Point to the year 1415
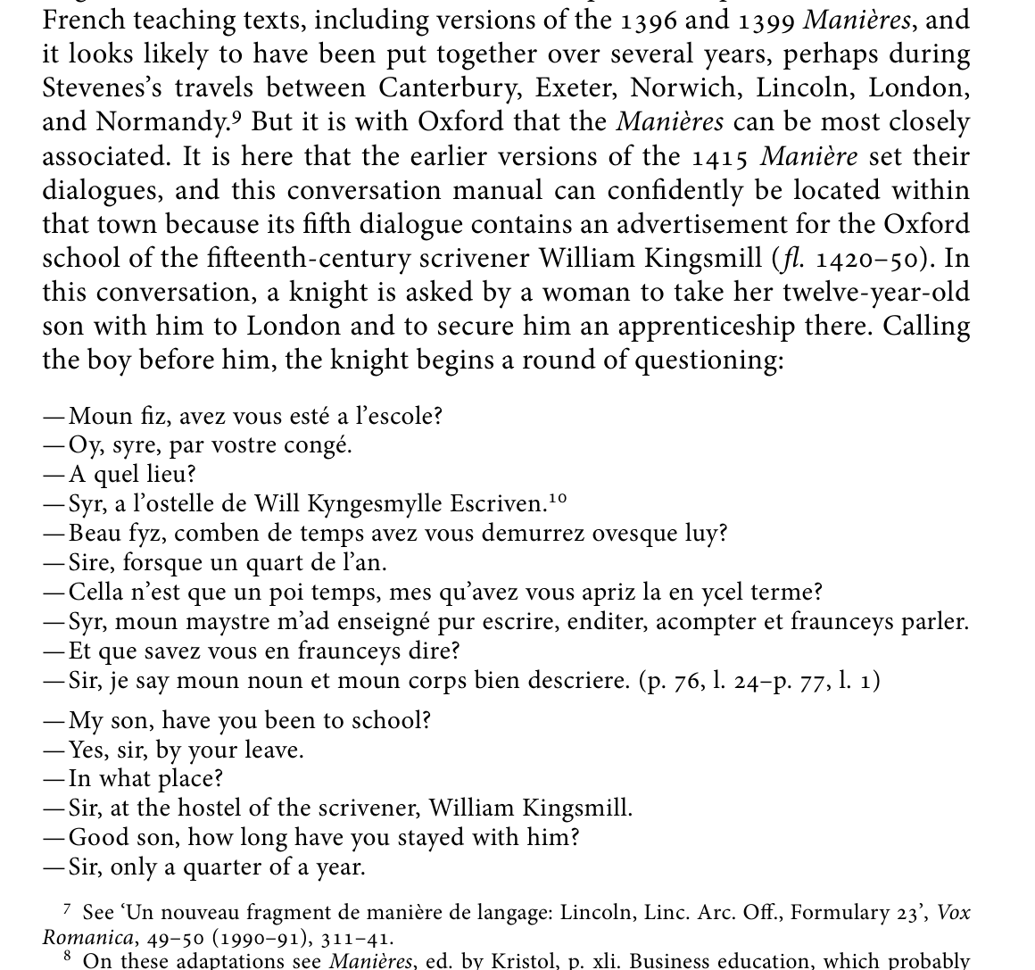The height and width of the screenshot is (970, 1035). [x=720, y=157]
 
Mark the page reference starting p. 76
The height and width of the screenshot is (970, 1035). [x=759, y=681]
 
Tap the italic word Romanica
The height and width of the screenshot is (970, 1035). [x=87, y=938]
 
